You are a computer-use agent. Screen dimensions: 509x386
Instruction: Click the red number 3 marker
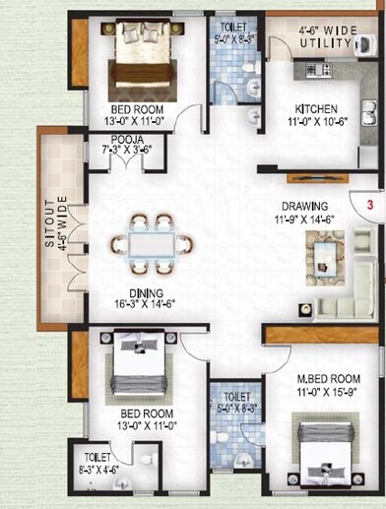pyautogui.click(x=368, y=206)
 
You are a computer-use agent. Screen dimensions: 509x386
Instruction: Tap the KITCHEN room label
pyautogui.click(x=316, y=109)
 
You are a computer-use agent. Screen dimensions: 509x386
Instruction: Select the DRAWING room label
pyautogui.click(x=306, y=208)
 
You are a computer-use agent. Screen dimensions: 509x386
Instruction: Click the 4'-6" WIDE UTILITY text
pyautogui.click(x=326, y=37)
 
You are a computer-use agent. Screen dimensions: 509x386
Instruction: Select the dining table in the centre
pyautogui.click(x=151, y=242)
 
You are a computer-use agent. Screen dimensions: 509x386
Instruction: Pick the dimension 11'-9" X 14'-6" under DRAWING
pyautogui.click(x=306, y=222)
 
